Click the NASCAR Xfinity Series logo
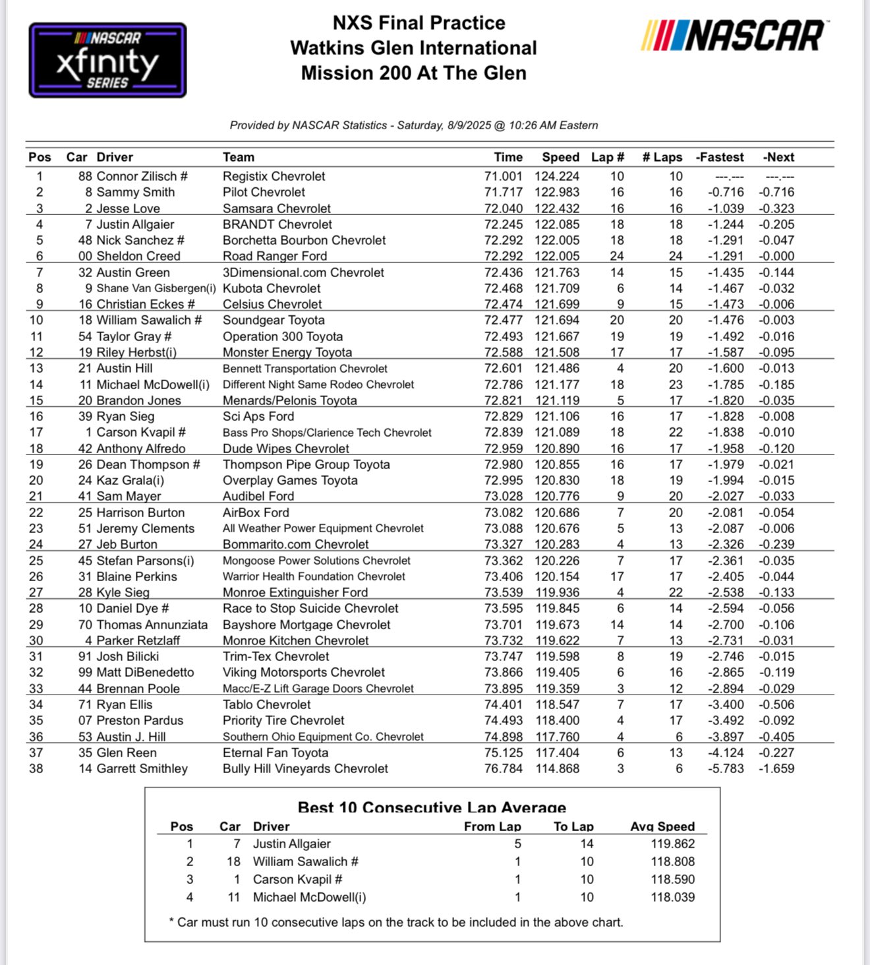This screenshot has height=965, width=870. tap(107, 61)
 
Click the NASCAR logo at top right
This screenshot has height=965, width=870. tap(734, 36)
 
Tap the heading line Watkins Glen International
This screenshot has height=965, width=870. tap(413, 48)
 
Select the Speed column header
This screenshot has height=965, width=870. tap(560, 158)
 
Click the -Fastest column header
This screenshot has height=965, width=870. tap(719, 158)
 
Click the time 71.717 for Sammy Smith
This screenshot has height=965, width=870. tap(503, 192)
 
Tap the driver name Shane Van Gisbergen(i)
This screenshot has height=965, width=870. tap(156, 288)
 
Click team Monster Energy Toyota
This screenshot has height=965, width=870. tap(287, 352)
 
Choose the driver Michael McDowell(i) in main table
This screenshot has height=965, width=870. tap(152, 385)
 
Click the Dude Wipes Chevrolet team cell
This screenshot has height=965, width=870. tap(285, 449)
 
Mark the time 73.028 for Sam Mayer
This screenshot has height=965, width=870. tap(503, 496)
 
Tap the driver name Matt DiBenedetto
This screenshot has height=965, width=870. tap(145, 672)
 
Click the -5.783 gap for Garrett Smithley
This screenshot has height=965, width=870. tap(725, 768)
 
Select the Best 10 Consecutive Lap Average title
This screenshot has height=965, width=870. tap(432, 807)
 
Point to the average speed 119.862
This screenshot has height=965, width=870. tap(672, 844)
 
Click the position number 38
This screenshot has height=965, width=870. tap(36, 768)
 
